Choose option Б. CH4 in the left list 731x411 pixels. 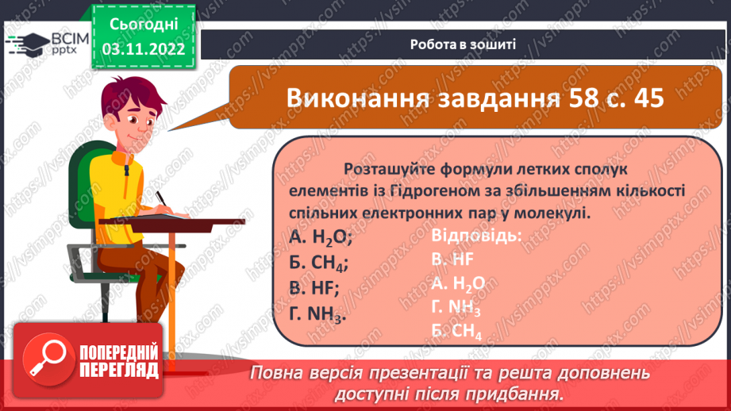click(319, 263)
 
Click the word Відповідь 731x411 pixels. click(476, 236)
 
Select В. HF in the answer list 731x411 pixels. click(452, 259)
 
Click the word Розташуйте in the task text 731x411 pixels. click(383, 169)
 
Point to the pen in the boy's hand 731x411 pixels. click(162, 197)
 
